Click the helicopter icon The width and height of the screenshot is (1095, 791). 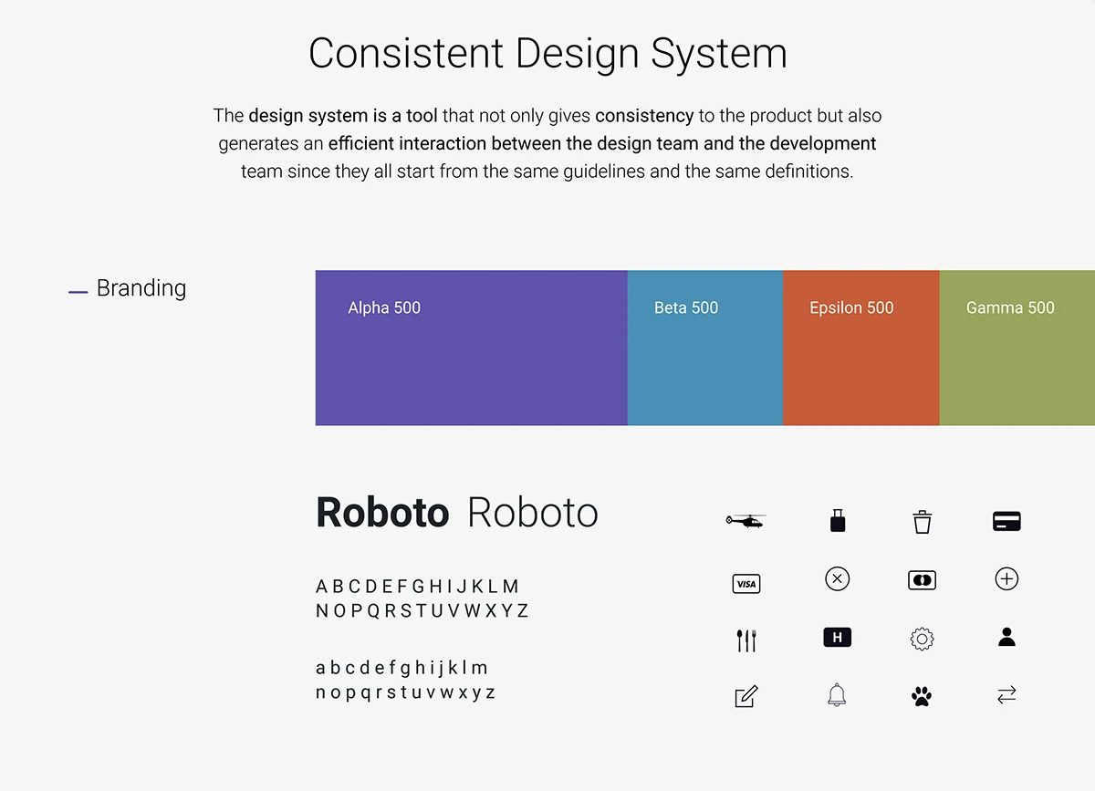pos(746,521)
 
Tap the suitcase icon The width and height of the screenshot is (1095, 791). pos(838,521)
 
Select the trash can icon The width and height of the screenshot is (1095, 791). pos(922,522)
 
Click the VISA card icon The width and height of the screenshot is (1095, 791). pos(746,584)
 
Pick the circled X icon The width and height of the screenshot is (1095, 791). pos(838,578)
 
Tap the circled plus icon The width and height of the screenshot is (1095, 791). pos(1006,578)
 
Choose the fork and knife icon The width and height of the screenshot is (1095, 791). pos(746,640)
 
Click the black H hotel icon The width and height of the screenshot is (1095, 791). pos(838,638)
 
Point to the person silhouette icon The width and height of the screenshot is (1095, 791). pos(1006,637)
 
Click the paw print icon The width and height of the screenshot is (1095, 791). pos(922,696)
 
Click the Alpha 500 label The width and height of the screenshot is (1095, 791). pos(384,307)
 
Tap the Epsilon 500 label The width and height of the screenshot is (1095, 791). pos(851,307)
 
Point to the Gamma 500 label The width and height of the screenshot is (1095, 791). pos(1010,307)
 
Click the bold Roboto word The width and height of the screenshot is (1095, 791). pos(382,513)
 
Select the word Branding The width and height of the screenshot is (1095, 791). pos(141,288)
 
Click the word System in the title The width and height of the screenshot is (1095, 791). pos(719,54)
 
